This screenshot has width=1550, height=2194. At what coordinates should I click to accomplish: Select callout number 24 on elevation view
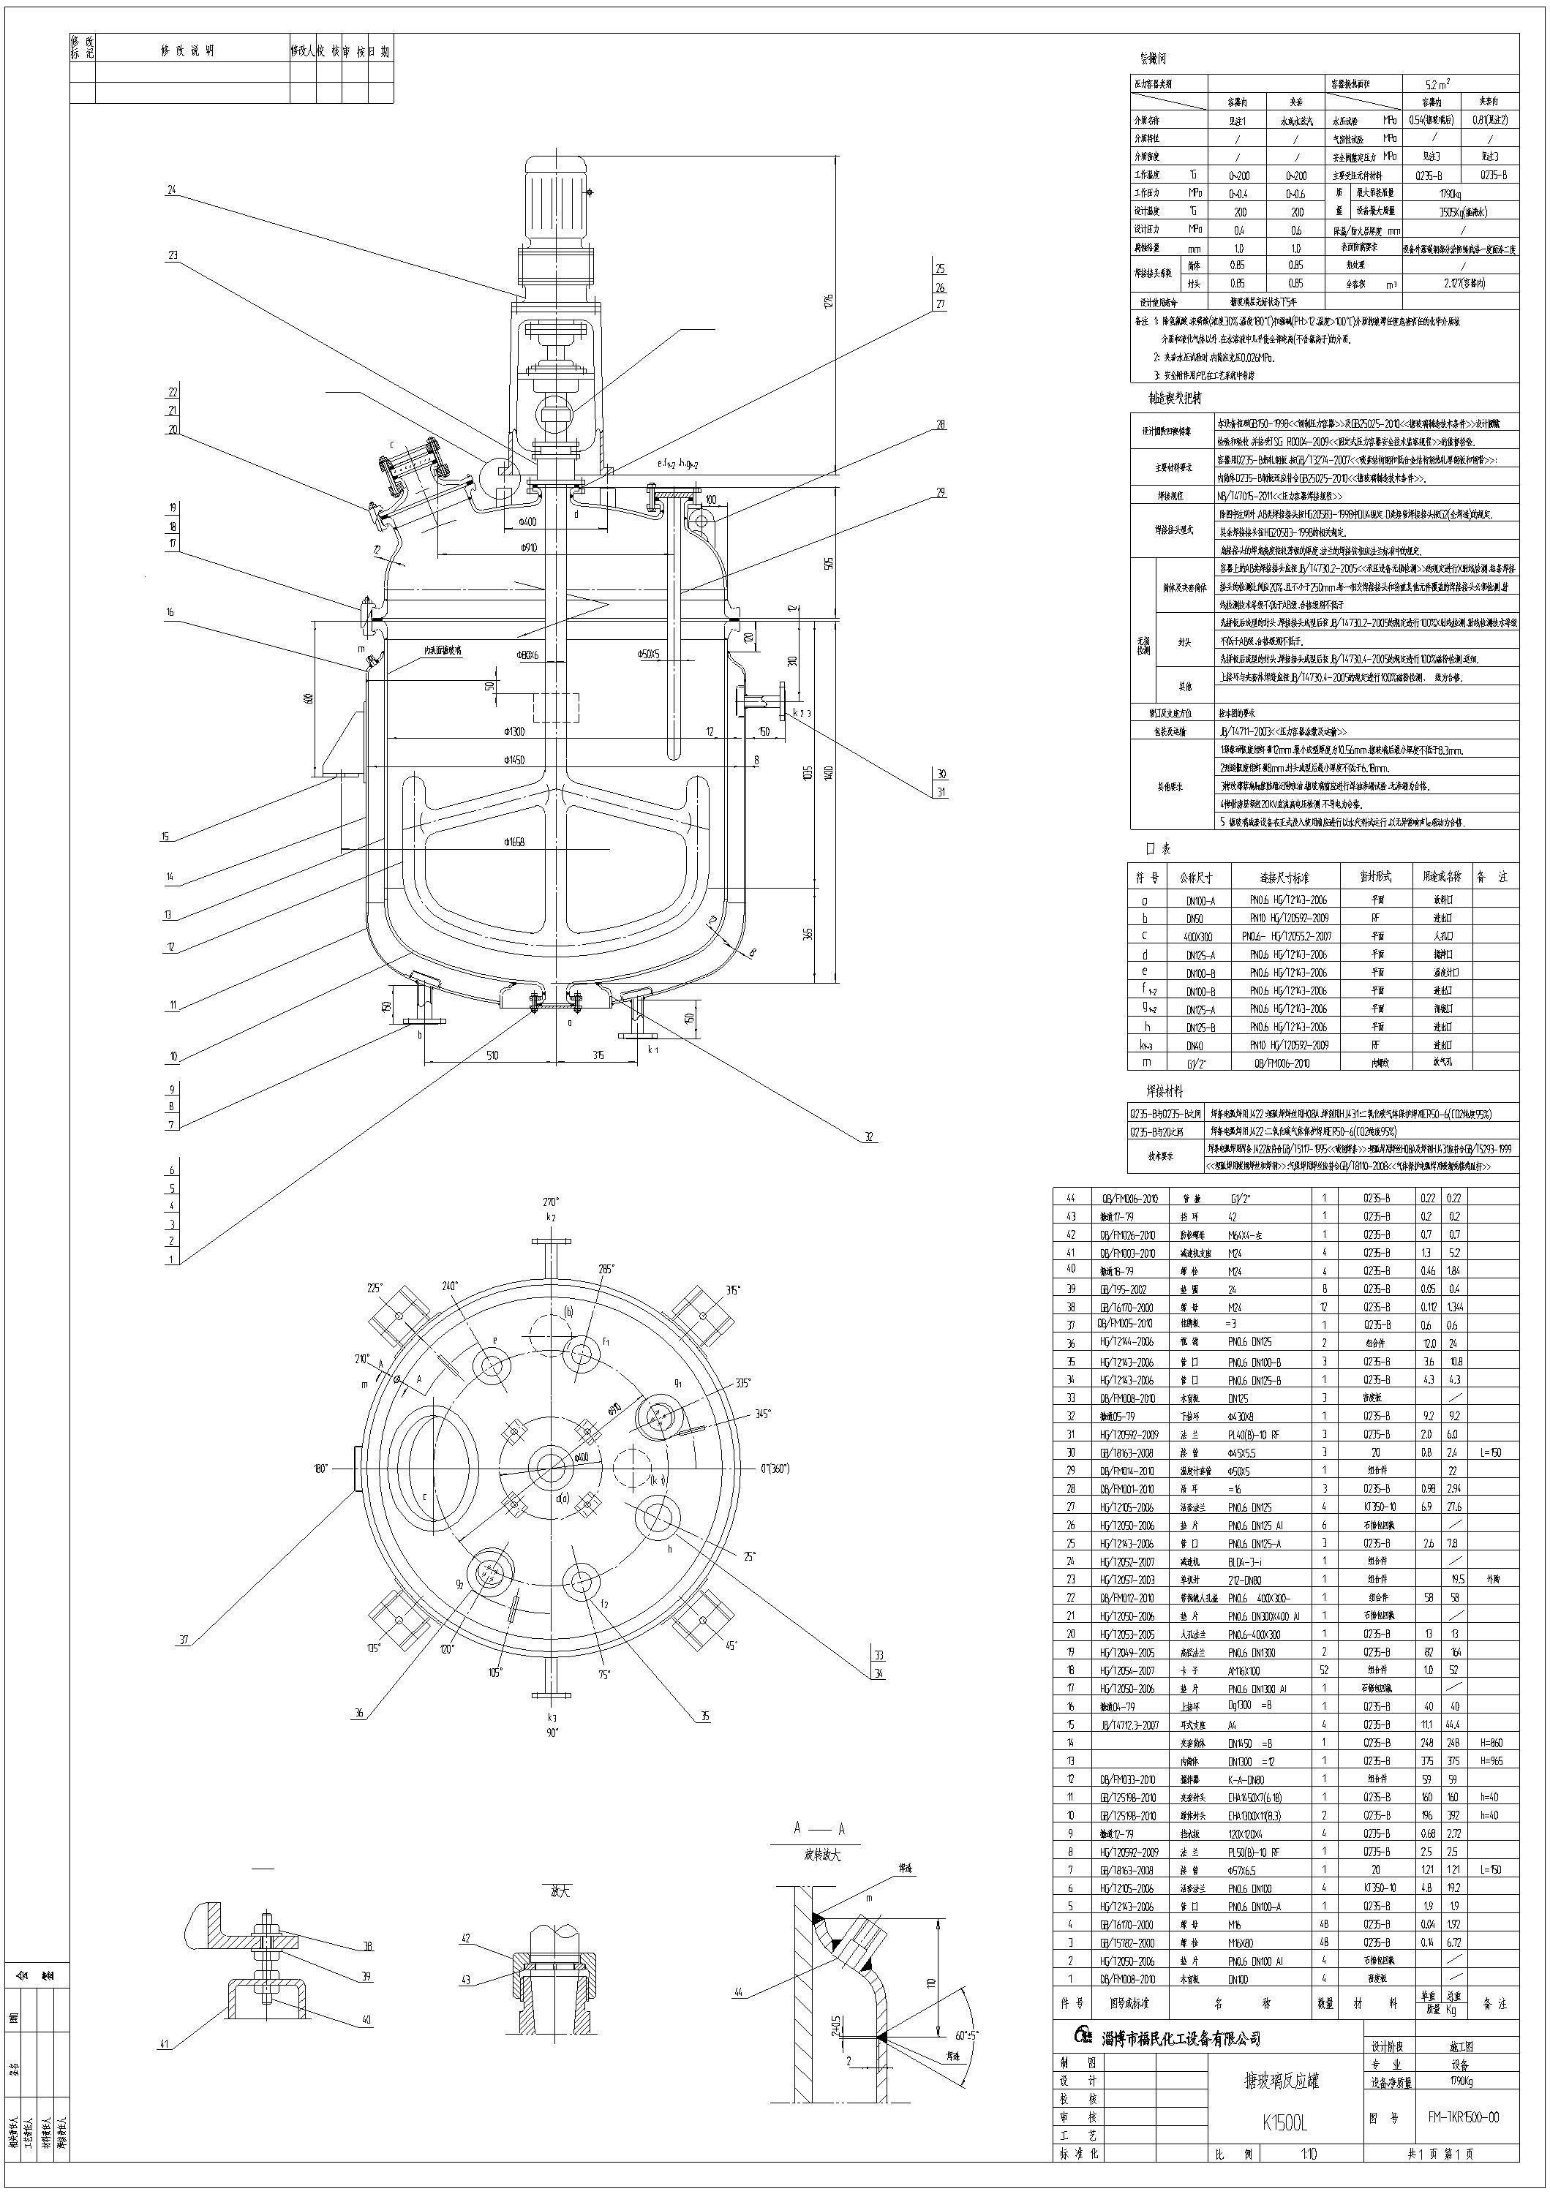172,190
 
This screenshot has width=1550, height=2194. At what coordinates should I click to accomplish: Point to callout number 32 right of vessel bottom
869,1137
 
